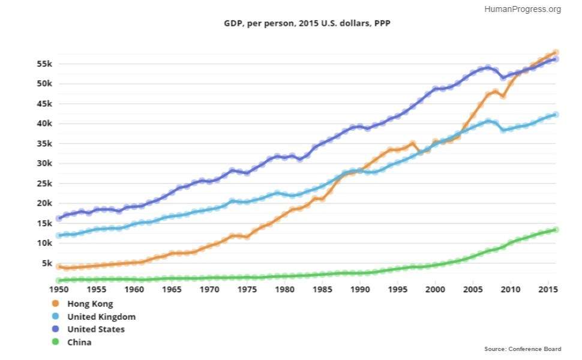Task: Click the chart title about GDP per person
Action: pos(307,23)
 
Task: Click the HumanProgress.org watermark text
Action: pos(522,9)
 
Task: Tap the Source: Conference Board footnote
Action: pos(523,349)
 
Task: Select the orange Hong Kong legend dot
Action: pos(56,304)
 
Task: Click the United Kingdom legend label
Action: pos(101,317)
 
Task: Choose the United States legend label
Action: pos(95,329)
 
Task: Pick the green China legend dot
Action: pos(56,342)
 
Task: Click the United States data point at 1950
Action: pos(59,218)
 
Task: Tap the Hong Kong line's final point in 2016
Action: pos(556,53)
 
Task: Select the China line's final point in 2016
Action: pos(556,230)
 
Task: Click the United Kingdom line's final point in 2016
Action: pos(556,115)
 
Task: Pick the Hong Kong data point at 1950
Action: pos(59,266)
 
